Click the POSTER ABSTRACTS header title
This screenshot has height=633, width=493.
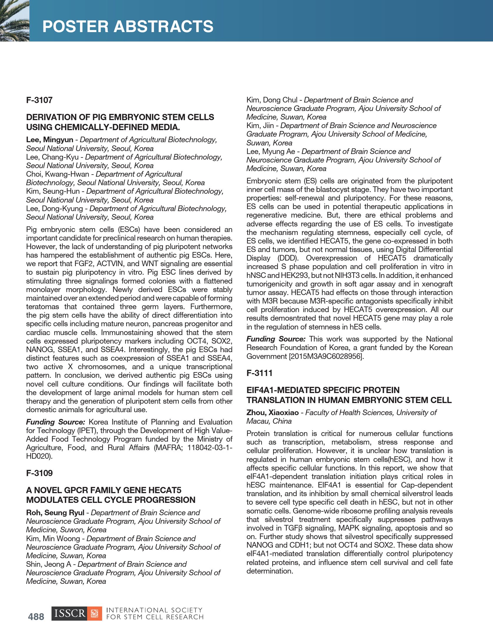[x=128, y=26]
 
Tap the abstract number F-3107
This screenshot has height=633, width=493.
[x=39, y=100]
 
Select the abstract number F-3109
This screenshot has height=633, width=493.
[x=39, y=473]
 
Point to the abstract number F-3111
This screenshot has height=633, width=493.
[x=259, y=373]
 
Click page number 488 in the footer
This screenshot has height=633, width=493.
[x=36, y=617]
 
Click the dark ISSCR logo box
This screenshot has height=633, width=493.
[x=69, y=614]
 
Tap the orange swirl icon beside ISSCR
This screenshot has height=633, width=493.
[x=94, y=614]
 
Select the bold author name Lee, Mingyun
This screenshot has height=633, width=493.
[x=49, y=140]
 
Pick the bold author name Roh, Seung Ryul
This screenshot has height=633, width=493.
[x=55, y=513]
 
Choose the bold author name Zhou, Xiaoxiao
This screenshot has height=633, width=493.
[x=273, y=412]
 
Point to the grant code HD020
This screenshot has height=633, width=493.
[x=38, y=456]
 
